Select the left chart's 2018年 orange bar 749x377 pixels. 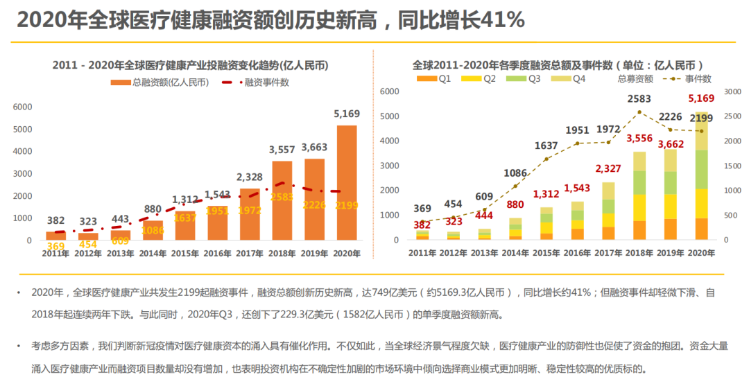pyautogui.click(x=282, y=200)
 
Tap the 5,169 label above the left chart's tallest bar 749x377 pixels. pyautogui.click(x=346, y=114)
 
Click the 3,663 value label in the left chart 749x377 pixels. pyautogui.click(x=314, y=147)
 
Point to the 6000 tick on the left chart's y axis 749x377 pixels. pyautogui.click(x=23, y=107)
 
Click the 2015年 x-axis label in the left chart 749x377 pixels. pyautogui.click(x=185, y=254)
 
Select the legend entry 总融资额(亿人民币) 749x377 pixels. pyautogui.click(x=160, y=82)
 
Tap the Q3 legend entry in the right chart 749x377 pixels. pyautogui.click(x=528, y=79)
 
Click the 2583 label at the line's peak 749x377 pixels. pyautogui.click(x=639, y=100)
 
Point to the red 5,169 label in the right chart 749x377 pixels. pyautogui.click(x=701, y=99)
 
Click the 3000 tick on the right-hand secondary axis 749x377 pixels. pyautogui.click(x=732, y=91)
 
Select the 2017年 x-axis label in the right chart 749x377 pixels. pyautogui.click(x=608, y=254)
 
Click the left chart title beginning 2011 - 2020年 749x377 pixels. pyautogui.click(x=190, y=66)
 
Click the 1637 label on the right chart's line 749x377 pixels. pyautogui.click(x=546, y=146)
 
